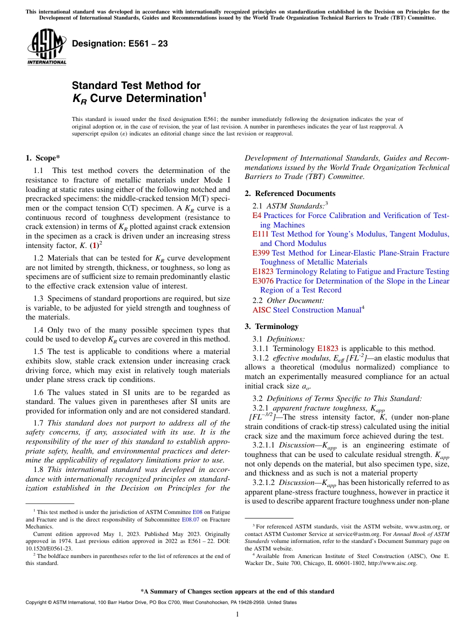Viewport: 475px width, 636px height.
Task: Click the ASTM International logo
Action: [x=46, y=47]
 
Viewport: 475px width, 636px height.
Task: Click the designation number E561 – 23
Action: [x=119, y=44]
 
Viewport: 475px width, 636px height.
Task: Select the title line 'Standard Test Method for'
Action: [x=136, y=85]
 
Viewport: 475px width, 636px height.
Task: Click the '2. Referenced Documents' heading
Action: [x=290, y=193]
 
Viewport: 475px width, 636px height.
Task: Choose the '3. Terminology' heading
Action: [x=271, y=326]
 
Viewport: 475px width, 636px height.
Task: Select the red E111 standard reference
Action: [x=260, y=234]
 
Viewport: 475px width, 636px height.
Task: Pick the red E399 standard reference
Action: [x=260, y=253]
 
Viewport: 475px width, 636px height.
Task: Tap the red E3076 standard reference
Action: [x=263, y=281]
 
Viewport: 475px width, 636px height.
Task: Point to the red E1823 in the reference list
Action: [x=263, y=271]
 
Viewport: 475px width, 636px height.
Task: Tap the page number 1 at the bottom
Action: [x=237, y=614]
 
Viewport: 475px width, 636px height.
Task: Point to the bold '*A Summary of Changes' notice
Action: [x=237, y=591]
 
